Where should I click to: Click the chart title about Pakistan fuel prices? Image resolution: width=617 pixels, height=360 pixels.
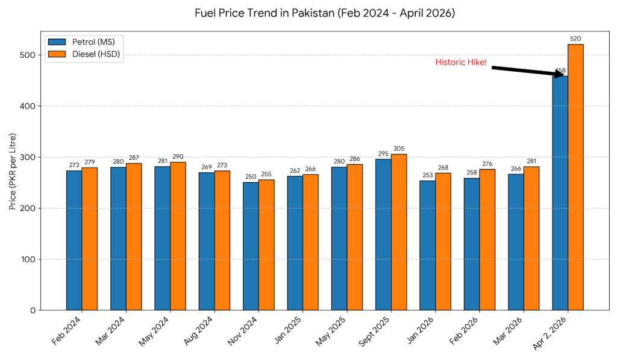pyautogui.click(x=324, y=13)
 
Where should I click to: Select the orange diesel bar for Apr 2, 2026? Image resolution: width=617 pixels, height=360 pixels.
pyautogui.click(x=575, y=177)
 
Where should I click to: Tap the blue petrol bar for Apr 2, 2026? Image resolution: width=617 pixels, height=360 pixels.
pyautogui.click(x=560, y=193)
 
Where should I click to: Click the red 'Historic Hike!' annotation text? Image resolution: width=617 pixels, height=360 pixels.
pyautogui.click(x=461, y=62)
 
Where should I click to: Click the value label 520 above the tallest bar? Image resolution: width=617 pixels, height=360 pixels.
pyautogui.click(x=575, y=39)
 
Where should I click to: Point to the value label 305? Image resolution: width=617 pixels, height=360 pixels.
pyautogui.click(x=399, y=148)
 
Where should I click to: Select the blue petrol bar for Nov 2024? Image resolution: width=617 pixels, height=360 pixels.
pyautogui.click(x=251, y=246)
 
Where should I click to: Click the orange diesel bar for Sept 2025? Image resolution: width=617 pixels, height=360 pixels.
pyautogui.click(x=399, y=232)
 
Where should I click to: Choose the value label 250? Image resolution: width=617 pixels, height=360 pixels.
pyautogui.click(x=251, y=177)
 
